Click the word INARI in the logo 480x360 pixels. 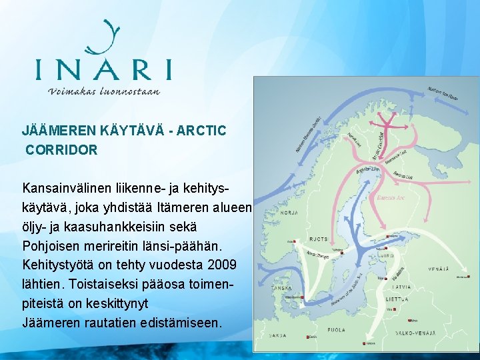click(x=103, y=69)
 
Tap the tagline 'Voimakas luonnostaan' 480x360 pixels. click(x=104, y=91)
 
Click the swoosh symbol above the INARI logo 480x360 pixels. click(x=107, y=37)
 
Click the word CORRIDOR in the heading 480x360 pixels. click(x=61, y=150)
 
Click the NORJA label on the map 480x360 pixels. click(x=289, y=213)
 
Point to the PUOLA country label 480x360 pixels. click(x=336, y=329)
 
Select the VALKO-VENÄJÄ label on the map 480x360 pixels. click(x=415, y=331)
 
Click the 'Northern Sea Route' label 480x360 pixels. click(x=443, y=93)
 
